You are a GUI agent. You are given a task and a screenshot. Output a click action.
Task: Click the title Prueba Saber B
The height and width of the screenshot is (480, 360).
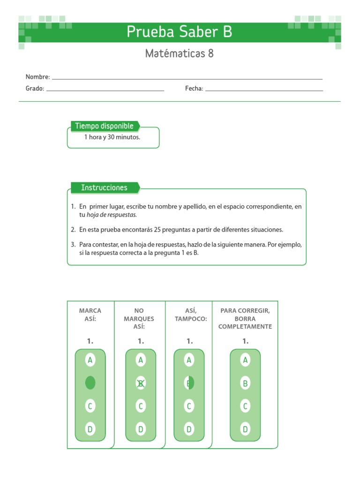click(x=180, y=32)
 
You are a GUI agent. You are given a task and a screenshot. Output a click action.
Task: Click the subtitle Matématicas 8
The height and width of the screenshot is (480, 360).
click(x=180, y=53)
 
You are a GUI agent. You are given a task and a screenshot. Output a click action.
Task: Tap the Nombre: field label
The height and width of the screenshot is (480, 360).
click(x=37, y=77)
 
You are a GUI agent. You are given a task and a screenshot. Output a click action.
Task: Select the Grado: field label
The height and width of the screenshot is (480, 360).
click(x=35, y=89)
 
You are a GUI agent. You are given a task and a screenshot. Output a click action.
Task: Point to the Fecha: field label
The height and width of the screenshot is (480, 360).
click(x=194, y=89)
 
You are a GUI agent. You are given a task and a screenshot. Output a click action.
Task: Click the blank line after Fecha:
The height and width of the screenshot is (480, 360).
click(x=264, y=90)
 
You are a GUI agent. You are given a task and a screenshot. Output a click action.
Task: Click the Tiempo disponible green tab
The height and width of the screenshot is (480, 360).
click(x=105, y=126)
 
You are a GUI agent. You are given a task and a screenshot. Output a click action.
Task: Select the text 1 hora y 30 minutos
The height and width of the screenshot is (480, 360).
click(x=112, y=137)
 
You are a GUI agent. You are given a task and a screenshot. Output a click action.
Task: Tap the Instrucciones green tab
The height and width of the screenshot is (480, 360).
click(x=104, y=188)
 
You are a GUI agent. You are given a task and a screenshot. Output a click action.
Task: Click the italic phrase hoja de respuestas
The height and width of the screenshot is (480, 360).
click(x=112, y=215)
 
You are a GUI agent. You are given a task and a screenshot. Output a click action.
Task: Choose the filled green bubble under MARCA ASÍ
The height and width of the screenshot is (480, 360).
click(x=90, y=383)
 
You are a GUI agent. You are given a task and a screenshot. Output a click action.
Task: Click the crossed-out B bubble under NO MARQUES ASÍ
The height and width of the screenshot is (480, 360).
click(x=140, y=383)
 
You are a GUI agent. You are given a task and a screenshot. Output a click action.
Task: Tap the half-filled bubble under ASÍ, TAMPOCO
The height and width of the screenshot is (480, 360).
click(x=189, y=383)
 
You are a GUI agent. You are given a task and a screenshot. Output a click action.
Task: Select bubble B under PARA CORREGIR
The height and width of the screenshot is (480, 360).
click(x=245, y=383)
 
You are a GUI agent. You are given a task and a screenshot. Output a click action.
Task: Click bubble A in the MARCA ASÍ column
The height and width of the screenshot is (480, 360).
click(x=90, y=360)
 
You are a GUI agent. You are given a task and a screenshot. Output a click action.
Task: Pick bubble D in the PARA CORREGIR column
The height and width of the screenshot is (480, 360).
click(x=245, y=428)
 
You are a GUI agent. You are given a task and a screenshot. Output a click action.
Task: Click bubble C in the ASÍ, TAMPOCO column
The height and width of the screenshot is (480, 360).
click(x=189, y=406)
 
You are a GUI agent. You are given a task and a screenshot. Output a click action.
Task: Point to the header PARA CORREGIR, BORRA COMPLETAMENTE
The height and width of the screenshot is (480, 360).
click(x=245, y=319)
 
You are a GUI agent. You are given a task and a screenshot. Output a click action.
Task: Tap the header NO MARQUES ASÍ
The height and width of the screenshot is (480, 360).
click(x=139, y=319)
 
